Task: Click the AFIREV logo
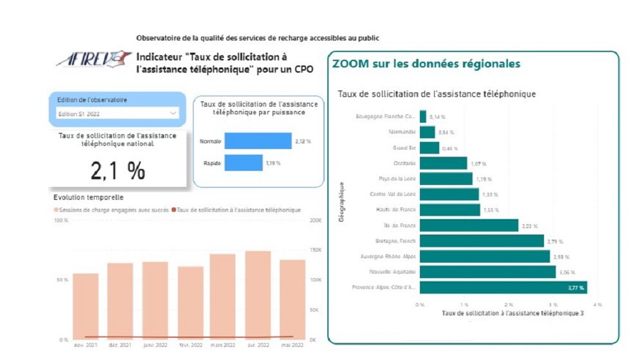pos(93,60)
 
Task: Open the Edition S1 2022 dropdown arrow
pos(172,114)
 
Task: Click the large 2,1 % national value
pos(118,170)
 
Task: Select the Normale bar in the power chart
pos(258,141)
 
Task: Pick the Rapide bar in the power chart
pos(243,163)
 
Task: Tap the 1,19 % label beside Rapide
pos(274,163)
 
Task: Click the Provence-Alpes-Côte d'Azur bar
pos(503,287)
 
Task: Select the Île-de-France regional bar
pos(469,225)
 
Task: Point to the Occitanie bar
pos(443,163)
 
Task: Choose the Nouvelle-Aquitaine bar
pos(487,272)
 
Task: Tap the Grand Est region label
pos(404,148)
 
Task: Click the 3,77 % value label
pos(575,288)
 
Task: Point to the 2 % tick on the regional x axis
pos(509,304)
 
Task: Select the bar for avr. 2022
pos(257,295)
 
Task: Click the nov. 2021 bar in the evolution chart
pos(86,306)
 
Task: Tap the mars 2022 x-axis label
pos(222,345)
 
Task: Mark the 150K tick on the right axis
pos(316,250)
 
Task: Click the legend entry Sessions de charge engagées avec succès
pos(113,209)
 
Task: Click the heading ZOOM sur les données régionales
pos(426,64)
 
